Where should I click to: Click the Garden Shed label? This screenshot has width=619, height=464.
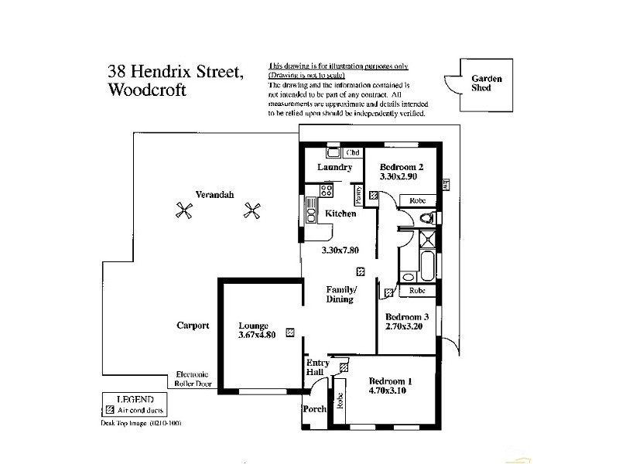[x=487, y=83]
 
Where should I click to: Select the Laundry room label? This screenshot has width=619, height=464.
[x=334, y=167]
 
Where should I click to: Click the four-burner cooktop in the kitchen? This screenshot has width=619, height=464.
[x=326, y=189]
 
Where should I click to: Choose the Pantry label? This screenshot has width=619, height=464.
[x=358, y=194]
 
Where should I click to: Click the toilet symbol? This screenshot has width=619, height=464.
[x=426, y=220]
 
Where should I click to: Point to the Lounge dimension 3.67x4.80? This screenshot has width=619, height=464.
[x=258, y=336]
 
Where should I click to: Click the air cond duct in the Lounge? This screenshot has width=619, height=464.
[x=289, y=333]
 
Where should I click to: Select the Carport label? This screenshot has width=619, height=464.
[x=193, y=326]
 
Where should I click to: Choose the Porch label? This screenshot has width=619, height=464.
[x=314, y=409]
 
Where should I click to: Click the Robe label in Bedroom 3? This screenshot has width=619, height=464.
[x=417, y=291]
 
